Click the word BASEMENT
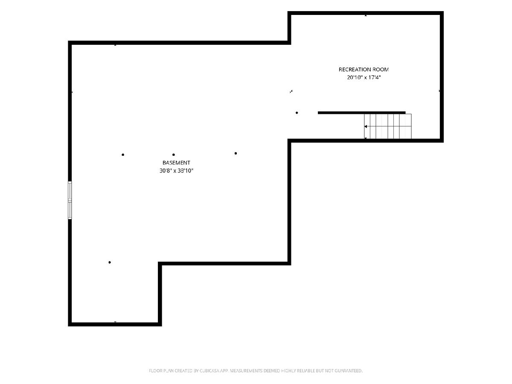coord(176,163)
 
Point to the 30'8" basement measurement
coord(166,171)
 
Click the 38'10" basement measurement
coord(186,171)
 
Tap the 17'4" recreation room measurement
coord(374,77)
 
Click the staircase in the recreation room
coord(388,126)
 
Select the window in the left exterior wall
coord(70,200)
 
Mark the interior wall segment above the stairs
coord(361,113)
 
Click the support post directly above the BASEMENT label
coord(174,154)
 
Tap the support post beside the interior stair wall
coord(297,113)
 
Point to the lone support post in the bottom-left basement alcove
coord(110,262)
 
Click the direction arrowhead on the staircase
coord(366,126)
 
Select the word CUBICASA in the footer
coord(209,371)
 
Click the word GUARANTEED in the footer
coord(349,371)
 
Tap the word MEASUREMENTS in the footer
coord(246,371)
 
